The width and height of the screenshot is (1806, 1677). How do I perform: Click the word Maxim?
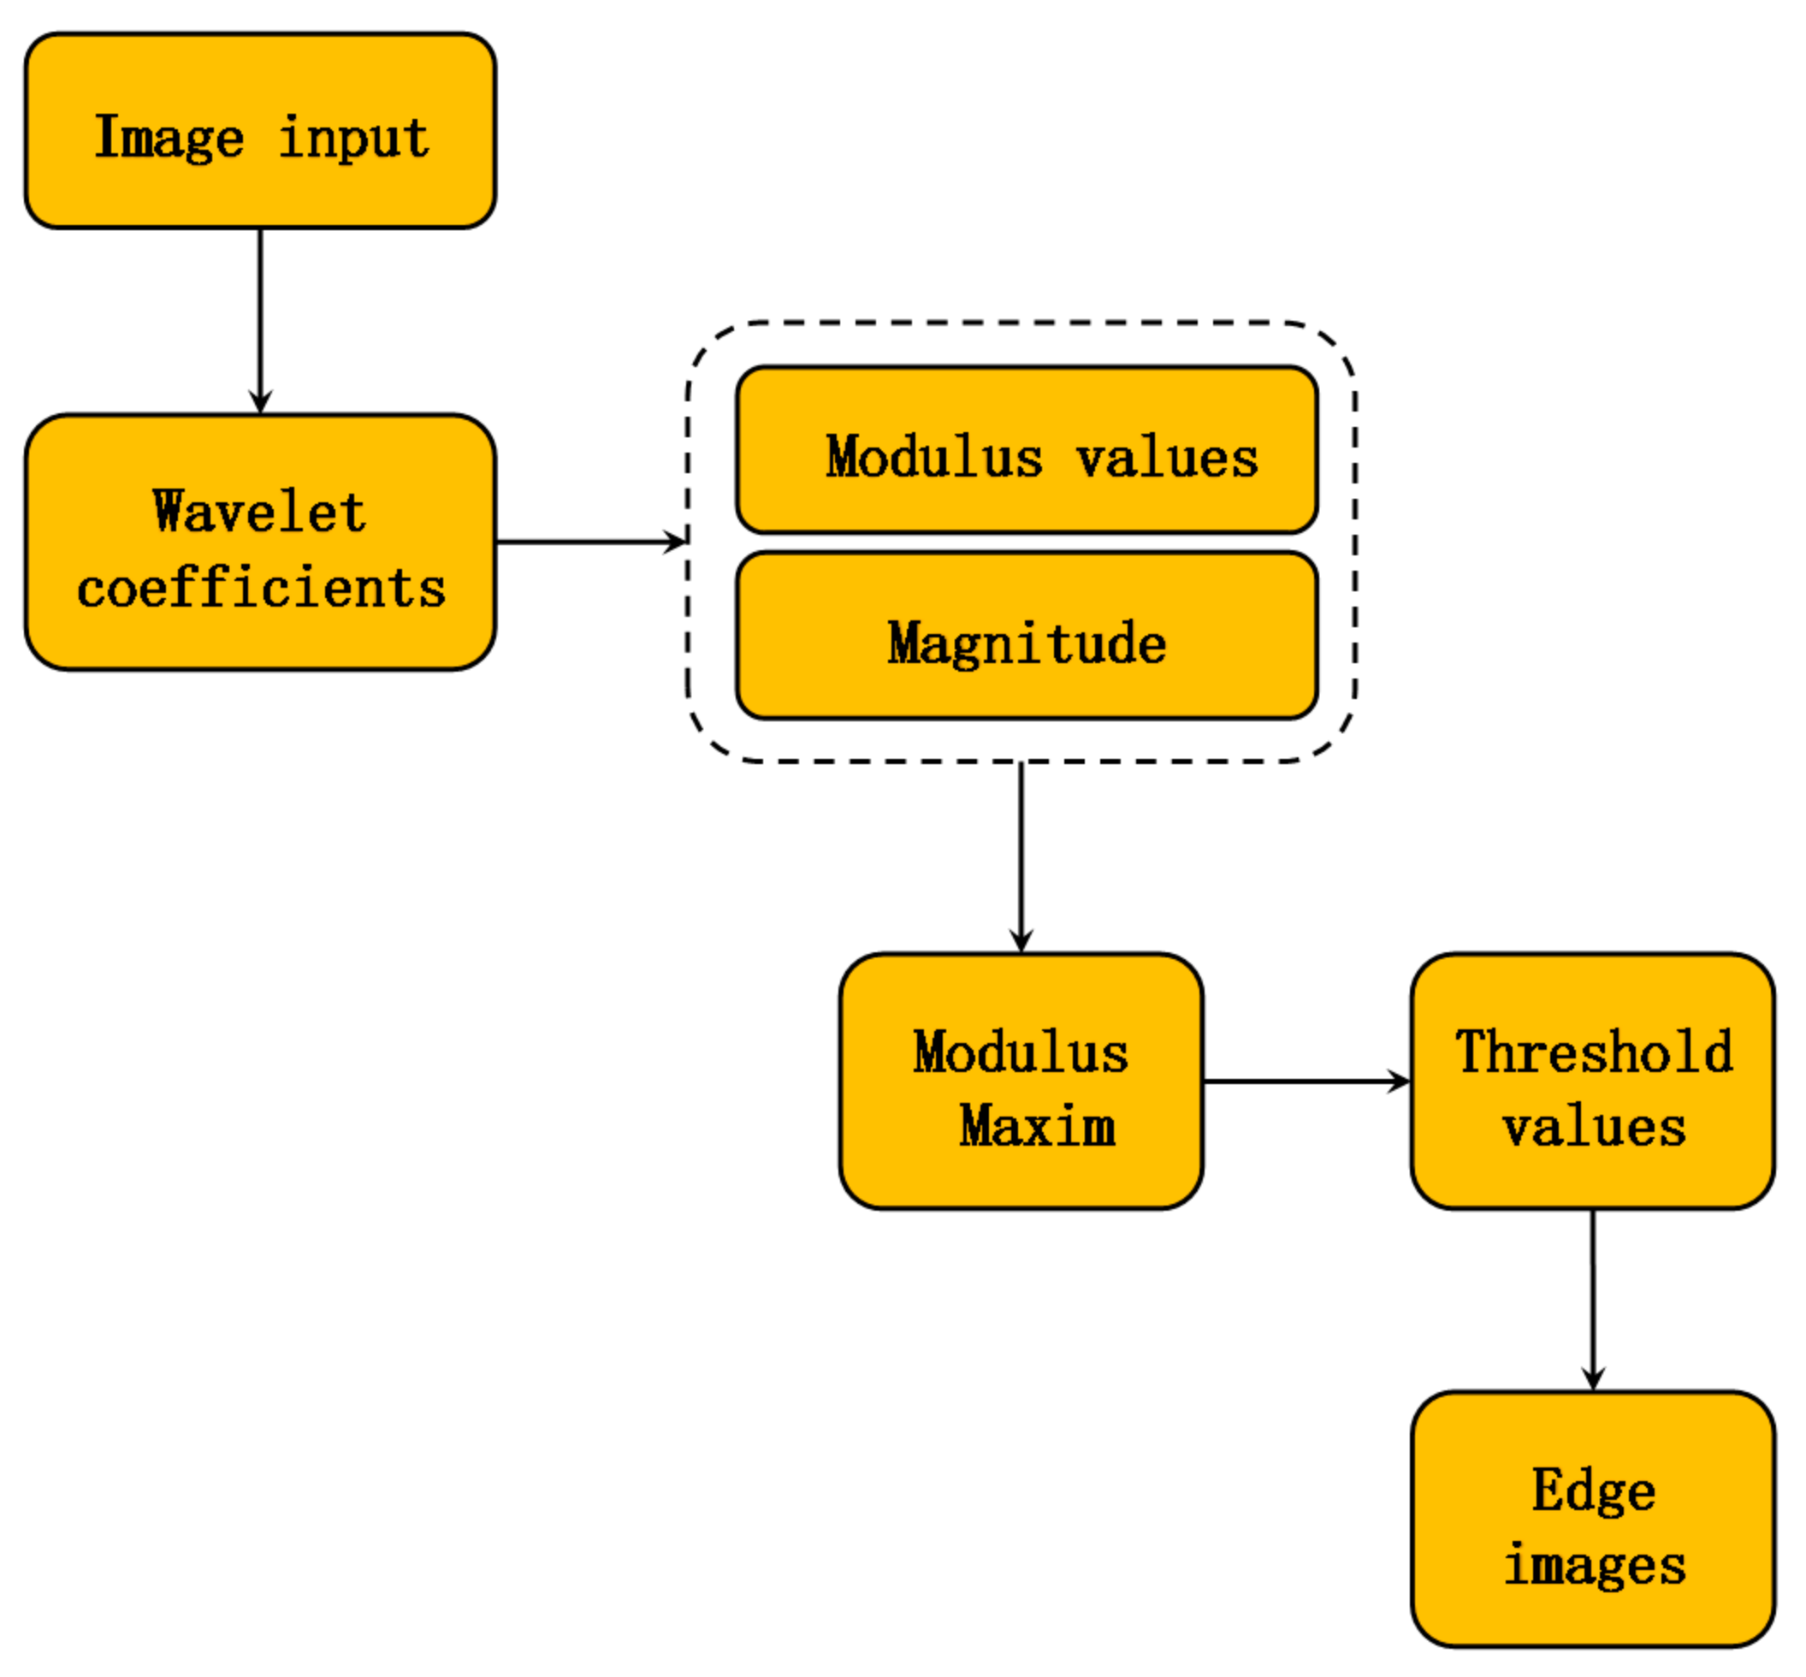(x=1036, y=1126)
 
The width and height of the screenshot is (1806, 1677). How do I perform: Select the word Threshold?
(x=1593, y=1052)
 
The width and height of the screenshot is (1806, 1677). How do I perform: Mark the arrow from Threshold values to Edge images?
(x=1593, y=1298)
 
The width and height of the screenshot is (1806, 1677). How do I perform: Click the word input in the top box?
(x=354, y=139)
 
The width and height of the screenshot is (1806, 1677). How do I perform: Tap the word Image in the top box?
(x=169, y=138)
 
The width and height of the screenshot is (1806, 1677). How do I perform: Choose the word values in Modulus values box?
(x=1167, y=458)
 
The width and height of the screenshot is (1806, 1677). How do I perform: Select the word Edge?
(x=1594, y=1490)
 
